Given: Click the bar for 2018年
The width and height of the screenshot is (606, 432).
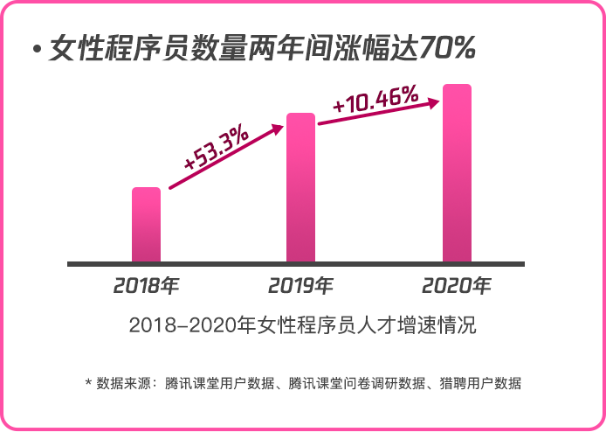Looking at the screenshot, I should [x=146, y=225].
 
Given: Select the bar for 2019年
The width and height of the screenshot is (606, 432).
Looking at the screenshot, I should [x=300, y=187].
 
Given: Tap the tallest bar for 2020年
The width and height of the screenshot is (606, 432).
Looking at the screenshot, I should [x=457, y=173].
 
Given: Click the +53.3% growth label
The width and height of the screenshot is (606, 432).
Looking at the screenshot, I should [x=216, y=150].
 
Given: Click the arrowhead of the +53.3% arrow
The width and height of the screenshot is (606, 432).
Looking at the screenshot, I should [x=277, y=129].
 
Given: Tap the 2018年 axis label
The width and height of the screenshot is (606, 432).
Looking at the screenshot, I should [x=146, y=285].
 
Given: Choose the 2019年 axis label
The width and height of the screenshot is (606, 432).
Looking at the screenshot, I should [x=300, y=285].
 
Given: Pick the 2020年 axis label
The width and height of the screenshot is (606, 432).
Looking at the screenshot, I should [x=457, y=285].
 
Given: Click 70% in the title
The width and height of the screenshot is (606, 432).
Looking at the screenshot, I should [x=447, y=49].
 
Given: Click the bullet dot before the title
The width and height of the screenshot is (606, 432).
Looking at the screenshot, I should [x=37, y=50].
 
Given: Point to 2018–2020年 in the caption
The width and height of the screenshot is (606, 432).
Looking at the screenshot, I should [x=186, y=326].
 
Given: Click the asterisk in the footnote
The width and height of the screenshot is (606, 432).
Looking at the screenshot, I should [x=88, y=383].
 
